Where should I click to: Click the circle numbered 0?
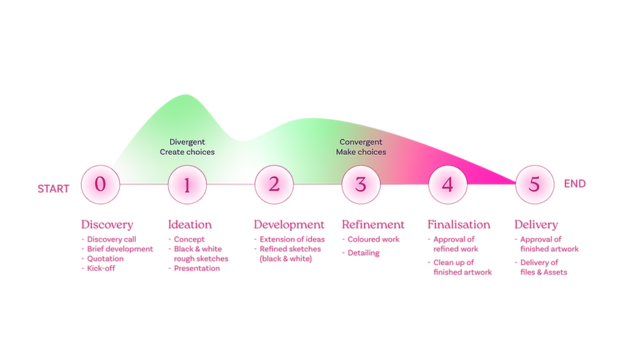pos(100,185)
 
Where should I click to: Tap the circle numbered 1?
pos(187,185)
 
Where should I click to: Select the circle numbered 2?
pos(274,185)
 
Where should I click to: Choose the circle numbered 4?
pos(447,185)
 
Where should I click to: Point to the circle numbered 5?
pos(534,185)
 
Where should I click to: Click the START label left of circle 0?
pos(53,187)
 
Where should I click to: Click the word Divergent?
pos(187,142)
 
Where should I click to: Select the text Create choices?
pos(187,152)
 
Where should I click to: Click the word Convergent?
pos(361,142)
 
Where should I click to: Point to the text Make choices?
pos(361,152)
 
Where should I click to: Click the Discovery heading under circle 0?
pos(107,223)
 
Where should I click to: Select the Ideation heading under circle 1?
pos(190,223)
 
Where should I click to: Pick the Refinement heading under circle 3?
pos(373,223)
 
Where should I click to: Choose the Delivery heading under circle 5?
pos(537,223)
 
